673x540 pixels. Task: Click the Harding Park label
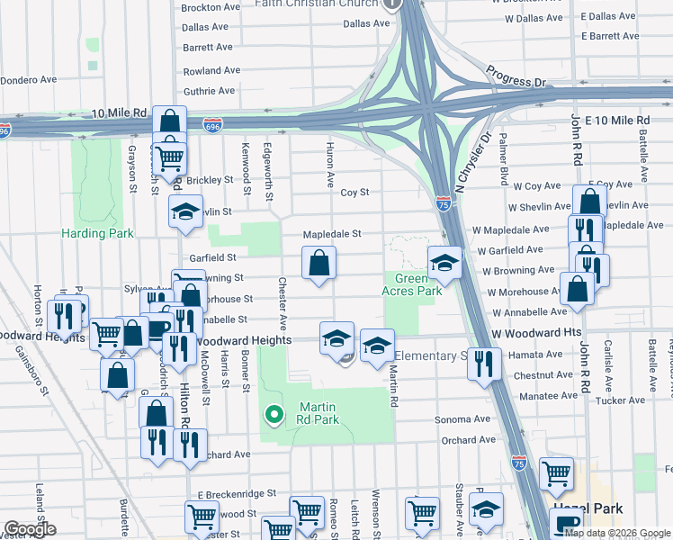coord(97,233)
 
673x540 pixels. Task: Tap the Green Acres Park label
coord(412,284)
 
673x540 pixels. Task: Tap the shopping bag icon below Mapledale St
coord(320,265)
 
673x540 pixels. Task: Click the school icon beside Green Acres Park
coord(444,263)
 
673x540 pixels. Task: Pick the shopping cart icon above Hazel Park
coord(557,472)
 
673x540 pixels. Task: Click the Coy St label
coord(354,193)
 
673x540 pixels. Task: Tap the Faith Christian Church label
coord(316,4)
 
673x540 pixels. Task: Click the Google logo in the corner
coord(31,529)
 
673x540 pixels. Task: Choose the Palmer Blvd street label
coord(504,159)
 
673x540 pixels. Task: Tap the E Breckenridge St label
coord(236,494)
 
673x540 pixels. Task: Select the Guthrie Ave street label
coord(209,91)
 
